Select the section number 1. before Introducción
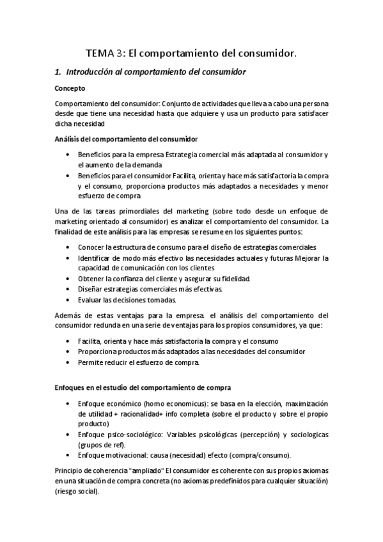58,72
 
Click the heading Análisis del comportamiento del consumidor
126,139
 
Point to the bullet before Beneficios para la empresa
68,155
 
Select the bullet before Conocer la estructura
68,247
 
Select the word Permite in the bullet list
91,362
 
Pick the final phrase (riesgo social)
77,492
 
